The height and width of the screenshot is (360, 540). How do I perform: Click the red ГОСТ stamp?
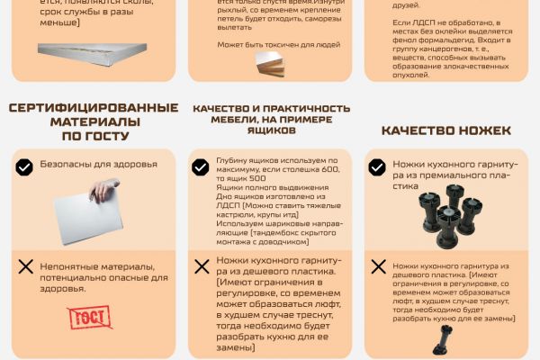point(83,318)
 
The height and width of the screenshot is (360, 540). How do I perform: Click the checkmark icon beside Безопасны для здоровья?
point(25,166)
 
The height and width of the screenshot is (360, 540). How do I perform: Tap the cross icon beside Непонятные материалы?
point(25,266)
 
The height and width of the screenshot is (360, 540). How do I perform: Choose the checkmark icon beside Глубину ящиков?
point(201,166)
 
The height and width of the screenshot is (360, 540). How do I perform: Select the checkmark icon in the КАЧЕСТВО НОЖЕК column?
point(376,166)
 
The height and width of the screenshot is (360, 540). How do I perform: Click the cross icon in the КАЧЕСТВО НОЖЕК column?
point(376,266)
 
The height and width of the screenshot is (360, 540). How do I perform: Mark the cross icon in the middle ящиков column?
point(201,266)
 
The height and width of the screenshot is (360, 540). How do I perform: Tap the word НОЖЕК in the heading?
point(481,130)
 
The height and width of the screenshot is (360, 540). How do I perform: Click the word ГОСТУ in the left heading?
point(104,136)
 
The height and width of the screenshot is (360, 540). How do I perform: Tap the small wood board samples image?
point(269,63)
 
